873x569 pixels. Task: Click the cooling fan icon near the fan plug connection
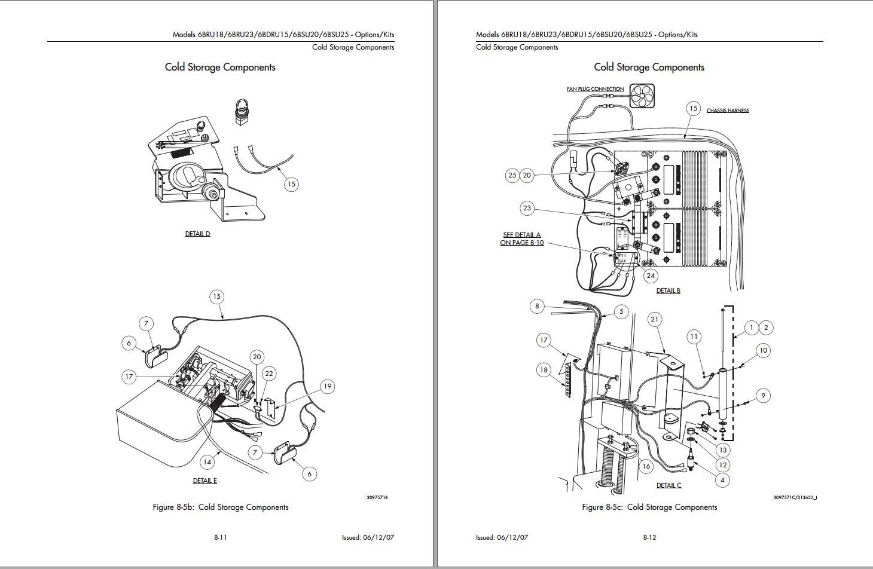(x=642, y=96)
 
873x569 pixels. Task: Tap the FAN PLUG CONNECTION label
(x=595, y=89)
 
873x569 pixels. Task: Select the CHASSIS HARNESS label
(x=728, y=111)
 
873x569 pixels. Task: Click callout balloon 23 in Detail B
(x=527, y=208)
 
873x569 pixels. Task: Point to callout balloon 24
(x=651, y=276)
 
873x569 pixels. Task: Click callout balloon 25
(x=512, y=175)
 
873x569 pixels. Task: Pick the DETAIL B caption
(x=668, y=290)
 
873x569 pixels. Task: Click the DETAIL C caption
(x=669, y=485)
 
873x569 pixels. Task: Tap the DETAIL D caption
(x=197, y=234)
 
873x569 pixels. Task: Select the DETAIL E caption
(x=205, y=481)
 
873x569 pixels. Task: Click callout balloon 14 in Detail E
(x=207, y=462)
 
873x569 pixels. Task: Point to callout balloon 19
(x=328, y=386)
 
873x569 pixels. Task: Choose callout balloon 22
(x=269, y=374)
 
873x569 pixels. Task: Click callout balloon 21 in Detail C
(x=654, y=319)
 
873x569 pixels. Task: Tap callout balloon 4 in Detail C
(x=722, y=480)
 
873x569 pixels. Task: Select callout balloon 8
(x=537, y=306)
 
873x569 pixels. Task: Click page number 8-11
(x=221, y=537)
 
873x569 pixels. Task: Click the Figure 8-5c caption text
(x=649, y=507)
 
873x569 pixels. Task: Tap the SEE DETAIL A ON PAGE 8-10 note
(x=522, y=238)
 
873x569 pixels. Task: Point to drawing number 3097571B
(x=377, y=497)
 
